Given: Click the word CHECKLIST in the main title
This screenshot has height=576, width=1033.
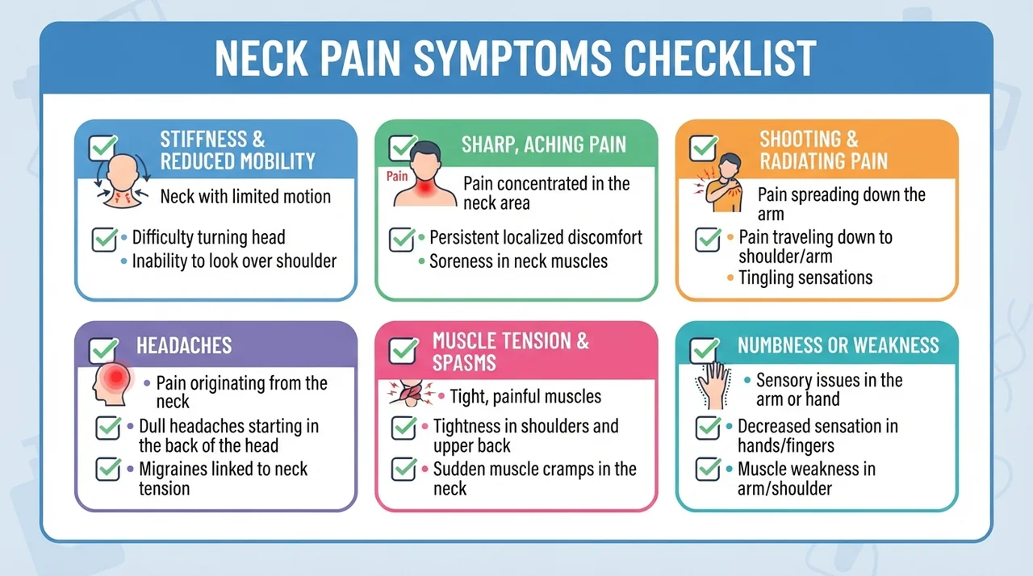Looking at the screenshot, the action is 720,59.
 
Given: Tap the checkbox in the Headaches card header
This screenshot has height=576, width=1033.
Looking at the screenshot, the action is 103,350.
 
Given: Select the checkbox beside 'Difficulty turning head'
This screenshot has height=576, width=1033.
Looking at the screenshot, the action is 105,239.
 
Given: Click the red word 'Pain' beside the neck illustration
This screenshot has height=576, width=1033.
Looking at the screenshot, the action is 397,176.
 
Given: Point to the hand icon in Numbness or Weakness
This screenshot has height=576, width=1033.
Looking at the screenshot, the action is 713,386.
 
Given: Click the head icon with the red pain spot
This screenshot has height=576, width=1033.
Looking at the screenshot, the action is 112,383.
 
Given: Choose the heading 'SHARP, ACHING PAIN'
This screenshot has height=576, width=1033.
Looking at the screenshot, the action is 544,144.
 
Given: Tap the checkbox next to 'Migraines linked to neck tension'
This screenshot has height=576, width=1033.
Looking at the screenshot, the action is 108,470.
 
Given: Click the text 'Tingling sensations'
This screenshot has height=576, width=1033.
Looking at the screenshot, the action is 805,278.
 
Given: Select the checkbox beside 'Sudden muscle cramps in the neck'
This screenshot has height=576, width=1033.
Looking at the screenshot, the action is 404,470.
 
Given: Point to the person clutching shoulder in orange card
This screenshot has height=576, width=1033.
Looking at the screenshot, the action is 720,182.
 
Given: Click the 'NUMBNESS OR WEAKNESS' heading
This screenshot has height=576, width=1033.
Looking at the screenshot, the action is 838,345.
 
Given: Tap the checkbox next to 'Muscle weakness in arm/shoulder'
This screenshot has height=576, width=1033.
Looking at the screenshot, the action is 709,470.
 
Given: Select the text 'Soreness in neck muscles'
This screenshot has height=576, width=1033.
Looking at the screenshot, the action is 518,261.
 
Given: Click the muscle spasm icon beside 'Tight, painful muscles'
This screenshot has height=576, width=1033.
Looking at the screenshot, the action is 411,394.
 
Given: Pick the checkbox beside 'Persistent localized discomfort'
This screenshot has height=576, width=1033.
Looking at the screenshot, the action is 402,239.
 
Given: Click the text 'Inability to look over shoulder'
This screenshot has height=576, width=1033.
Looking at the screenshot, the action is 234,261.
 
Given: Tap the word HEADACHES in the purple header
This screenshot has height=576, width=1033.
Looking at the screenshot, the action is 184,345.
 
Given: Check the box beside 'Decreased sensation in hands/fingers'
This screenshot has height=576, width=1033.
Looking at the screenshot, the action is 709,428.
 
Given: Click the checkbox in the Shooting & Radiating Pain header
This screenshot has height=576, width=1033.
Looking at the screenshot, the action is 704,148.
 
